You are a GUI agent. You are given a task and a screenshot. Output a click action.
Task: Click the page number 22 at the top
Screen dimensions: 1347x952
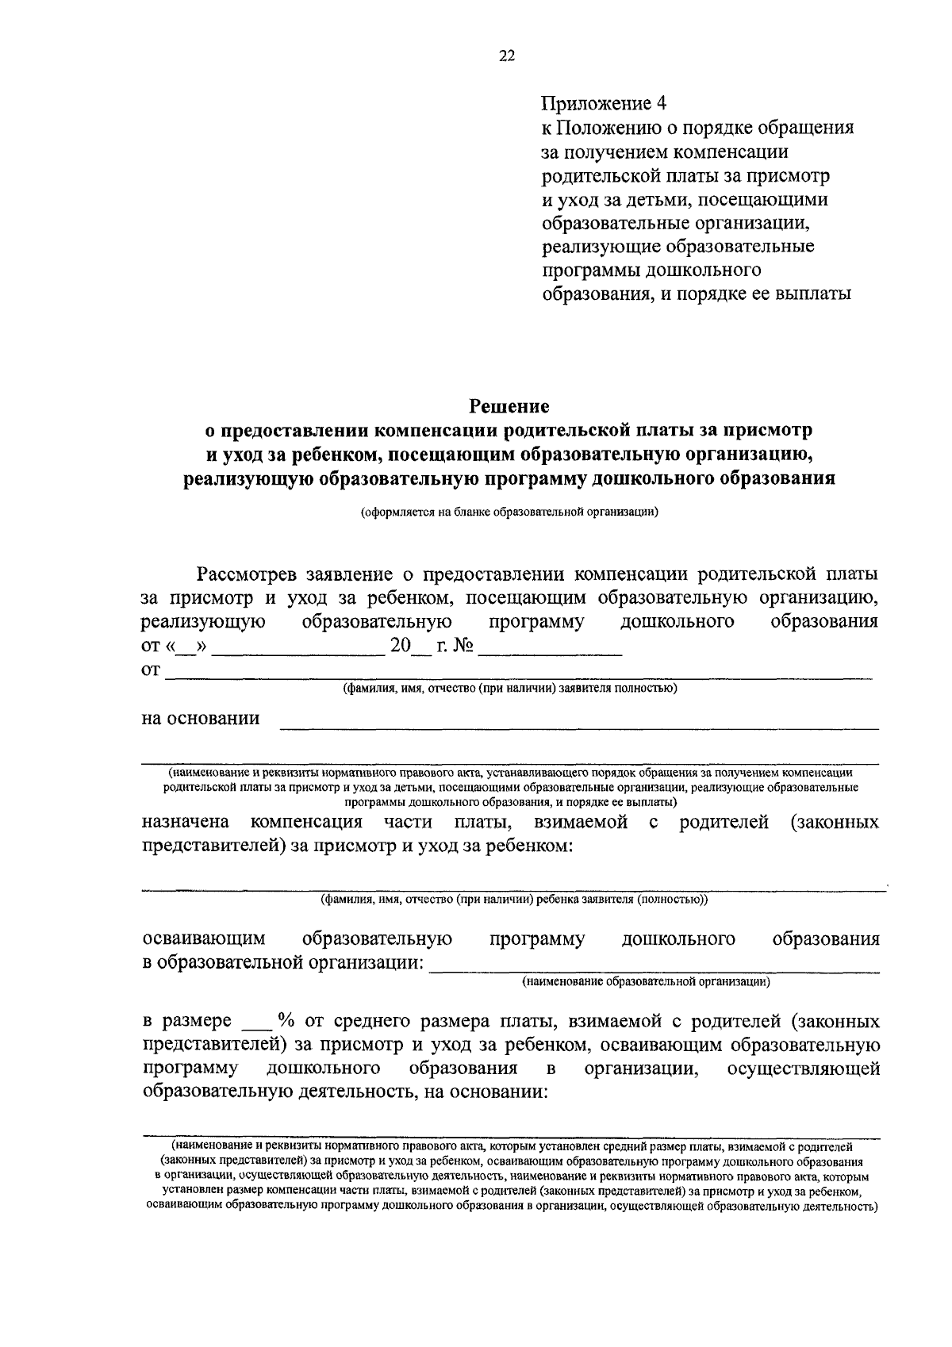(x=508, y=55)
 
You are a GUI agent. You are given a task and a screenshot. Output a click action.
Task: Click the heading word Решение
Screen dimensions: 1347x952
(x=509, y=407)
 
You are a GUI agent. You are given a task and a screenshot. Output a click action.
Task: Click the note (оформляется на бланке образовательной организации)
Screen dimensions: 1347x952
(x=509, y=512)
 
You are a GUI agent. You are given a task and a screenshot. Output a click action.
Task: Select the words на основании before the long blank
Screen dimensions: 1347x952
(x=201, y=719)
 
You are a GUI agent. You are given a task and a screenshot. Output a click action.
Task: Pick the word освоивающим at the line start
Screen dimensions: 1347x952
(x=203, y=939)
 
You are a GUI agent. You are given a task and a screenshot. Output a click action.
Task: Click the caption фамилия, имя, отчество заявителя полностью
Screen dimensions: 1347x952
(x=509, y=689)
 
